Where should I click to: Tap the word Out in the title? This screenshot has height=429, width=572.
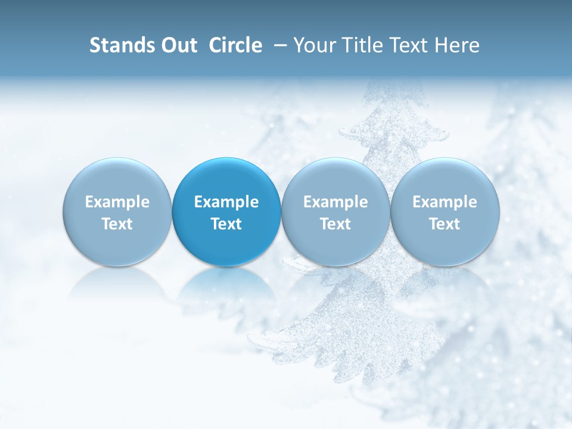pos(178,45)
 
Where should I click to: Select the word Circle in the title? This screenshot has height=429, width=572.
pos(235,45)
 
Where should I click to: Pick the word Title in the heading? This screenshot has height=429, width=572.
pos(362,45)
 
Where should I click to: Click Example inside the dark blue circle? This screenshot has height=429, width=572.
pos(226,202)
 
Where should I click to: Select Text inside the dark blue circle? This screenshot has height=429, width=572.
pos(226,224)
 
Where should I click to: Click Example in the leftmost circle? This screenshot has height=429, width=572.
pos(117,202)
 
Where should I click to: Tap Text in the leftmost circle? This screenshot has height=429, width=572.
pos(117,224)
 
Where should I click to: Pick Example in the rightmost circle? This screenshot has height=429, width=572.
pos(444,202)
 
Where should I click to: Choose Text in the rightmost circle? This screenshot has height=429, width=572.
pos(444,224)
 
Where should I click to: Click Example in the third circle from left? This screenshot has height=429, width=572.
pos(335,202)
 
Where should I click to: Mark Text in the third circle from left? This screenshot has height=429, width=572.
pos(335,224)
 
